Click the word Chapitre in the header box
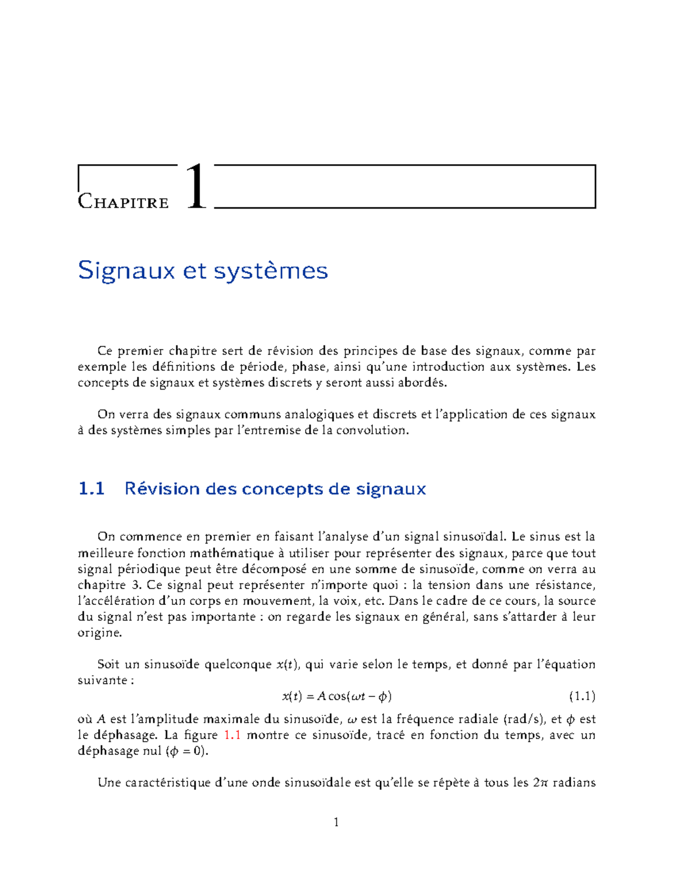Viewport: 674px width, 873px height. pos(123,201)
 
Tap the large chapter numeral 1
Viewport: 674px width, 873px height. pos(196,187)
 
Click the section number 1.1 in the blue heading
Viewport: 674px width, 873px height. pos(92,488)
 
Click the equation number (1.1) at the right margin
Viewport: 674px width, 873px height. pos(582,696)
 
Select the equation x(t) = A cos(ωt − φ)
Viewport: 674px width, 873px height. pos(336,696)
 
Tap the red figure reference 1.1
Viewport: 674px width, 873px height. pos(232,735)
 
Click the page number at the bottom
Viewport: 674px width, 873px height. pos(336,822)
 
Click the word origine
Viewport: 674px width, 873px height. pos(99,633)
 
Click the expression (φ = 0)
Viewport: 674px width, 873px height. pos(188,751)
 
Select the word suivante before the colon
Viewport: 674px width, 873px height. pos(102,680)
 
